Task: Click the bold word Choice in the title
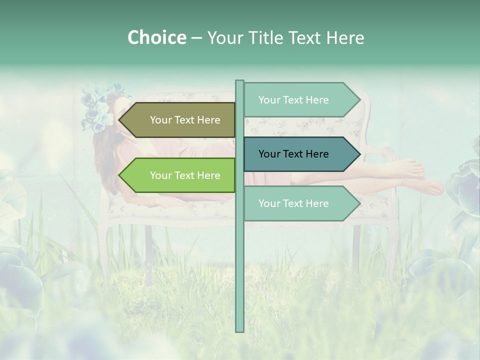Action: [156, 37]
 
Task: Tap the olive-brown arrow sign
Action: [180, 120]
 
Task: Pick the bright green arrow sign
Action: [180, 175]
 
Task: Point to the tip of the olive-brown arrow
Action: [120, 120]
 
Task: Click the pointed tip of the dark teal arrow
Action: [358, 154]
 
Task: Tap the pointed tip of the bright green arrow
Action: [120, 175]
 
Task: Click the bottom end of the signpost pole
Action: [239, 330]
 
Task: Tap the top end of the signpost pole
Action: [239, 82]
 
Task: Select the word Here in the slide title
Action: [345, 37]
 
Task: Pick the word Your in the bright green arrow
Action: [160, 175]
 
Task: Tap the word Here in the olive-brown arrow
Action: [208, 120]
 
